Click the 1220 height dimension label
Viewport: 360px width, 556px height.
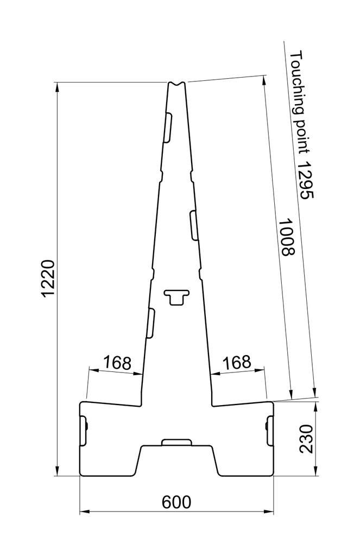[48, 279]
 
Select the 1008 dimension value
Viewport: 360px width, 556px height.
[285, 237]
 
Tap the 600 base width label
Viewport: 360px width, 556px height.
[176, 502]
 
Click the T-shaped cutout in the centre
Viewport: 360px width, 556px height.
[176, 296]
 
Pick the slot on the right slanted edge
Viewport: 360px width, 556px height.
[194, 225]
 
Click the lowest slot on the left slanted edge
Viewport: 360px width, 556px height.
[151, 323]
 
